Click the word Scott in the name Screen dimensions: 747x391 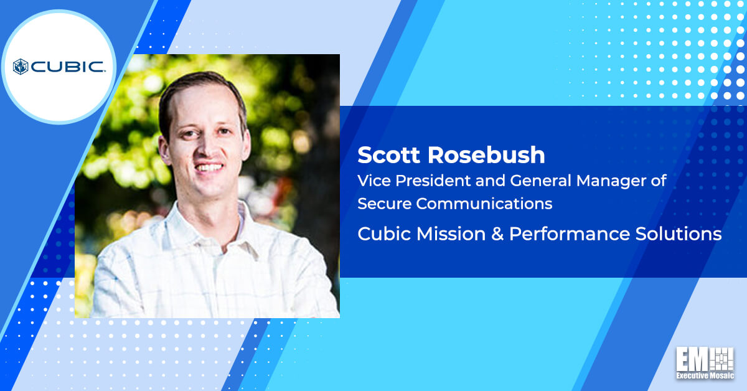(389, 155)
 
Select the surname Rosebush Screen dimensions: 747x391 (487, 155)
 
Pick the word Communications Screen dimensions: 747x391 (484, 204)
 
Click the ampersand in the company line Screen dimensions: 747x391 (497, 234)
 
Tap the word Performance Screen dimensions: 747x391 (569, 234)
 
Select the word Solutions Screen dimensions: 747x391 (679, 234)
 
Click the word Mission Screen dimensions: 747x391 (451, 234)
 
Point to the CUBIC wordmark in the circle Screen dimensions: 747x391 (68, 67)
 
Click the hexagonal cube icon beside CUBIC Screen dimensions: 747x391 (21, 67)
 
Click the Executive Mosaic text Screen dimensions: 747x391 (705, 375)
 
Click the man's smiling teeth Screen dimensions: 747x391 (209, 167)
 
